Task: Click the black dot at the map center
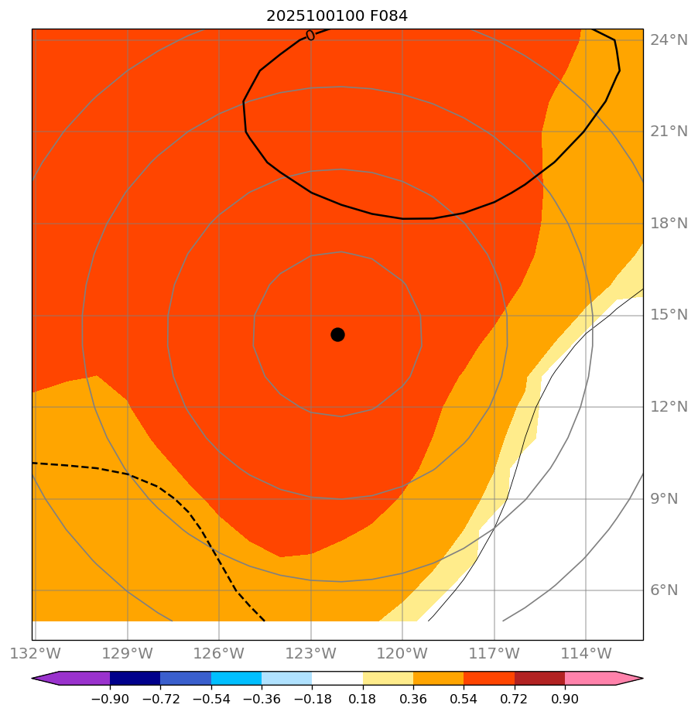pyautogui.click(x=337, y=334)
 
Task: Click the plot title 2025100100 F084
pyautogui.click(x=337, y=15)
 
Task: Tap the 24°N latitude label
pyautogui.click(x=669, y=40)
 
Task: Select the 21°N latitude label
pyautogui.click(x=669, y=132)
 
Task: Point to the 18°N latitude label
pyautogui.click(x=669, y=224)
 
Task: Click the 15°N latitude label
pyautogui.click(x=669, y=315)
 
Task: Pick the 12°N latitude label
pyautogui.click(x=669, y=407)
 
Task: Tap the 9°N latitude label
pyautogui.click(x=664, y=498)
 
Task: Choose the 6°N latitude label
pyautogui.click(x=664, y=590)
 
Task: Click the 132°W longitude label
pyautogui.click(x=36, y=653)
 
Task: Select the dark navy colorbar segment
pyautogui.click(x=135, y=678)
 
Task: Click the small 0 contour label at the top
pyautogui.click(x=310, y=35)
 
